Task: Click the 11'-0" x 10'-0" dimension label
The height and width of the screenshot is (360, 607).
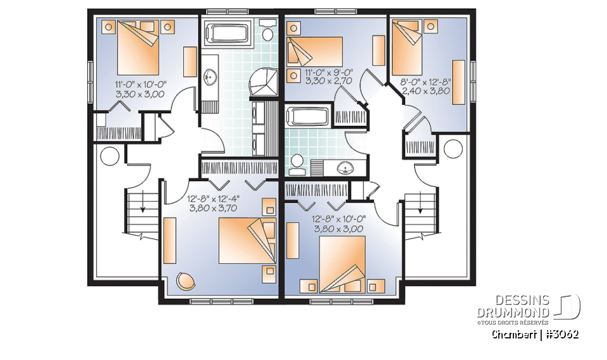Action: point(140,84)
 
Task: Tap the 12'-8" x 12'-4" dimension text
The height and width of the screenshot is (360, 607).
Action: point(213,199)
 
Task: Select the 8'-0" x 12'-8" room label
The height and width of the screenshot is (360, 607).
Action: point(426,82)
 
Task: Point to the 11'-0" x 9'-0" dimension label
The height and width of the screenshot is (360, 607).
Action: point(328,72)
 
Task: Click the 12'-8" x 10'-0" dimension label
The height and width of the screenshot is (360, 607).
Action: point(339,219)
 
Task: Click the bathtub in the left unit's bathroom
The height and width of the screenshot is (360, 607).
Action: point(227,34)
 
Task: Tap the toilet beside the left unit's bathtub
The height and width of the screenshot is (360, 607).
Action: point(267,29)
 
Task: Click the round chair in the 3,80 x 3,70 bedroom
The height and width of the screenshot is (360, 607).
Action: point(185,280)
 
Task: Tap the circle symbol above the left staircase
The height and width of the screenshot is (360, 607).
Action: point(109,156)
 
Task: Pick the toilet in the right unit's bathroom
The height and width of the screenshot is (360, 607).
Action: point(297,164)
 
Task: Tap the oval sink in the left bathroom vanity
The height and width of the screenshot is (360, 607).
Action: point(210,77)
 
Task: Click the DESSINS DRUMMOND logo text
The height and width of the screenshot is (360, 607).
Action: point(513,306)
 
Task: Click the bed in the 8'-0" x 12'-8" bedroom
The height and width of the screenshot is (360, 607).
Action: point(407,48)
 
